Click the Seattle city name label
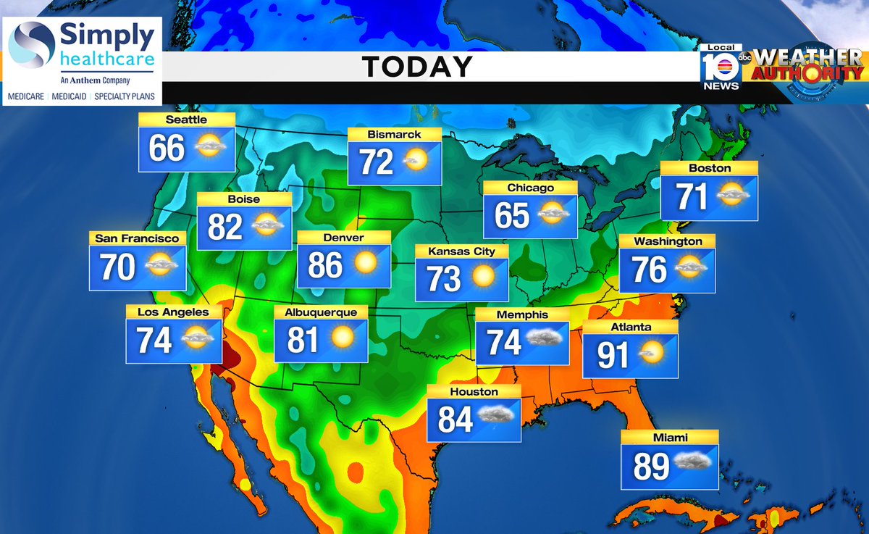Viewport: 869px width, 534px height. point(186,120)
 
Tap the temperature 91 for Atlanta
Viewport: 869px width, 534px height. point(613,355)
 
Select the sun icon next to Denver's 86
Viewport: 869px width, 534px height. point(366,264)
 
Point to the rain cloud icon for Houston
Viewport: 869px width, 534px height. point(497,415)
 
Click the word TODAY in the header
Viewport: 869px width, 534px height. point(417,67)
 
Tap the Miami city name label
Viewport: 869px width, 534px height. point(669,437)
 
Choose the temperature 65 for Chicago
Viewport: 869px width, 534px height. point(512,216)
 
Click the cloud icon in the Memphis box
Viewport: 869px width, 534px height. point(545,338)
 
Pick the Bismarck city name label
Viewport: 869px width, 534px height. point(394,134)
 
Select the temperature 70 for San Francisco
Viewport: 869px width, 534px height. point(118,267)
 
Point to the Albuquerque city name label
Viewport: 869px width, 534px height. point(321,312)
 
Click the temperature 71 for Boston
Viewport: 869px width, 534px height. point(691,196)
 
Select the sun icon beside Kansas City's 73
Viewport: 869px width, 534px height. point(483,276)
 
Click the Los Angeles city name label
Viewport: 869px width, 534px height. point(173,312)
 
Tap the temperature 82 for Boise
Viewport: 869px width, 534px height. point(224,228)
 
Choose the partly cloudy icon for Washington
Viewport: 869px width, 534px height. point(692,267)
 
